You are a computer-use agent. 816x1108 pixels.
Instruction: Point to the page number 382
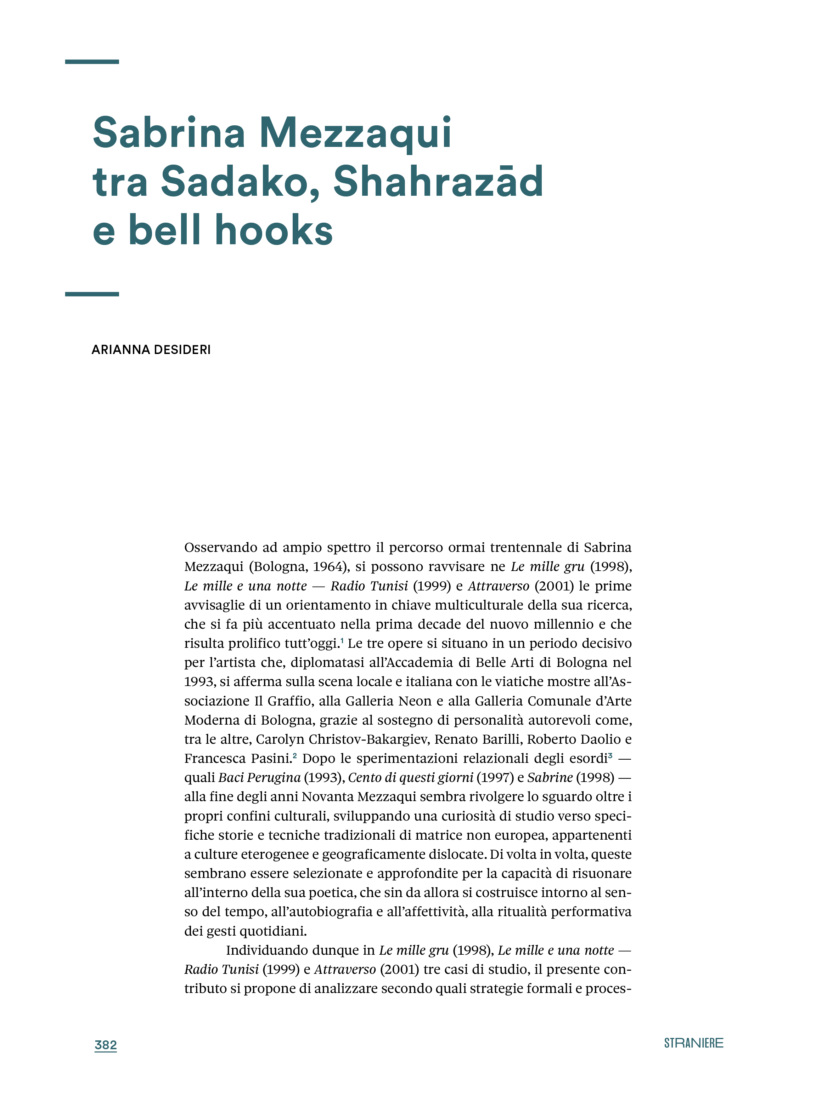pyautogui.click(x=106, y=1045)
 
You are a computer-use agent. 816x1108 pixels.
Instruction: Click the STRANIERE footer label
pyautogui.click(x=693, y=1043)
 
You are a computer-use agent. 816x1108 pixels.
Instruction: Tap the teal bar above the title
pyautogui.click(x=92, y=62)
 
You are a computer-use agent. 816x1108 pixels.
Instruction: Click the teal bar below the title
pyautogui.click(x=92, y=294)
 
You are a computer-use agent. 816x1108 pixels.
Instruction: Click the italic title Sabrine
pyautogui.click(x=550, y=777)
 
